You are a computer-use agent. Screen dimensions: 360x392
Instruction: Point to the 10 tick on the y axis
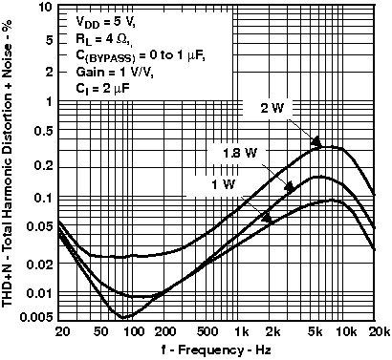[46, 8]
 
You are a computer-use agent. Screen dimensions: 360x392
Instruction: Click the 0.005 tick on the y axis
[39, 317]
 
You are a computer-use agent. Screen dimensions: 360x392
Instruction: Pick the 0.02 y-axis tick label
[42, 263]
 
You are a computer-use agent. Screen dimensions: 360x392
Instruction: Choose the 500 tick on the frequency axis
[204, 330]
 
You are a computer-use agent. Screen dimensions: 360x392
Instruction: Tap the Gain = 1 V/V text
[113, 73]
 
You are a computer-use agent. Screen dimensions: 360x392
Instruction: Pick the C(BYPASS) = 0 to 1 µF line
[140, 55]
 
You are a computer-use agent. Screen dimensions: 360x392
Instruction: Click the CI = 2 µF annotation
[103, 90]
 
